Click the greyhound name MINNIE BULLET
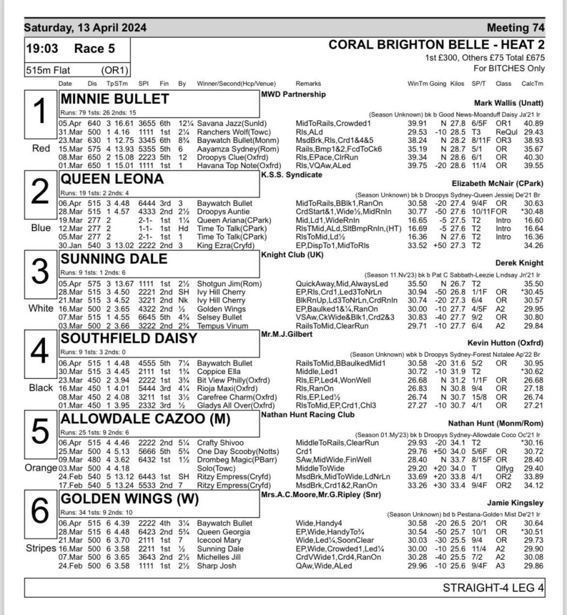[x=115, y=98]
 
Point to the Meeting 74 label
[x=515, y=28]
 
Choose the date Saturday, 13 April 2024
[x=85, y=28]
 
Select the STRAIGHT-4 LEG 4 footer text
[x=493, y=588]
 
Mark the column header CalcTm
[x=532, y=83]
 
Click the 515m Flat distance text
[x=49, y=70]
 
